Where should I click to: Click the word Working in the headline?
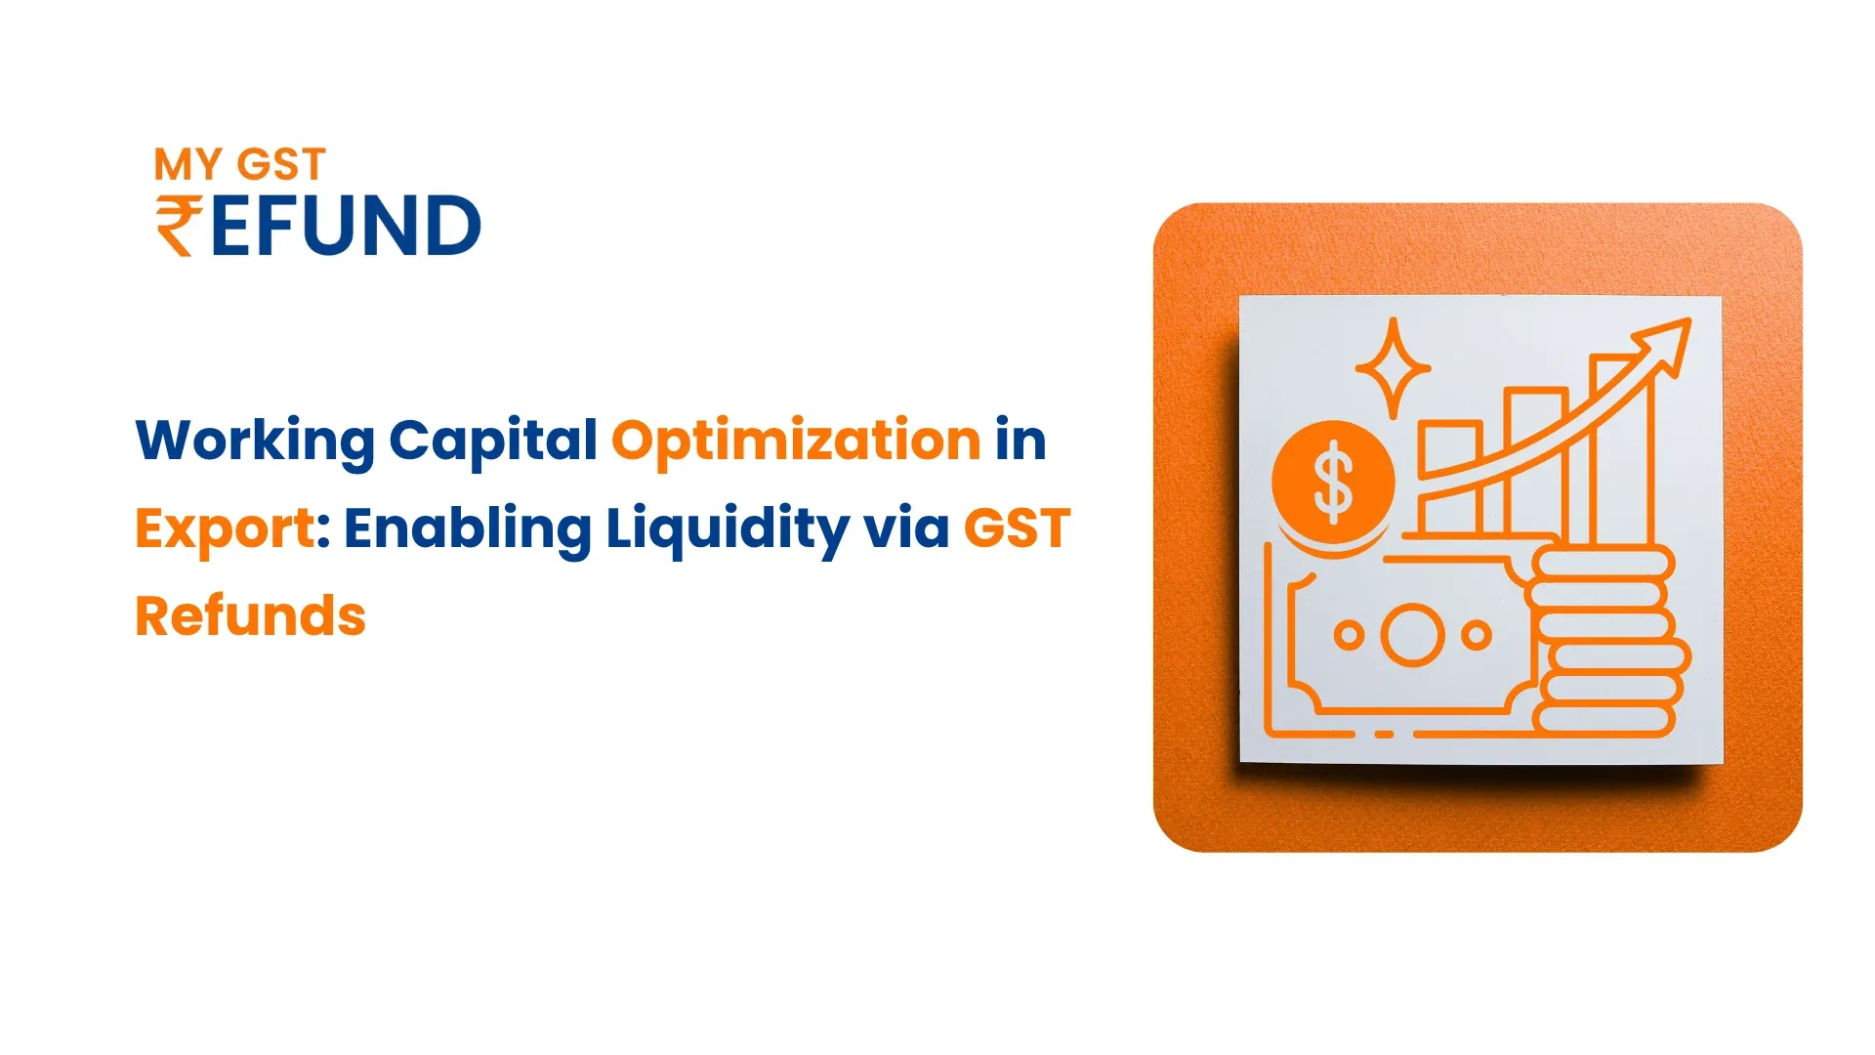click(254, 441)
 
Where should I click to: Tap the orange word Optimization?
click(796, 441)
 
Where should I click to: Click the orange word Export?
click(225, 528)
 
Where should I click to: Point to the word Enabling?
click(467, 528)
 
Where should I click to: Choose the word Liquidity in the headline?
click(728, 528)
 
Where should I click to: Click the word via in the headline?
click(906, 528)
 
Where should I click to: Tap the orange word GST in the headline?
click(1017, 528)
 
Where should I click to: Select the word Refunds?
click(250, 616)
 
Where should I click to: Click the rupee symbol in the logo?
click(179, 226)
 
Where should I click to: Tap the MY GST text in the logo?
click(239, 165)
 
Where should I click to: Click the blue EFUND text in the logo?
click(346, 226)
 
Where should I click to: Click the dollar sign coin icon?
click(1333, 482)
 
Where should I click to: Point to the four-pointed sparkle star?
click(1394, 368)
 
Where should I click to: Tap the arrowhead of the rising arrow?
click(1665, 343)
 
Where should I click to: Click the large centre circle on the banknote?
click(1412, 635)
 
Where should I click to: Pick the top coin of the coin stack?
click(1603, 564)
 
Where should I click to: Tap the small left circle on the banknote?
click(1349, 635)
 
